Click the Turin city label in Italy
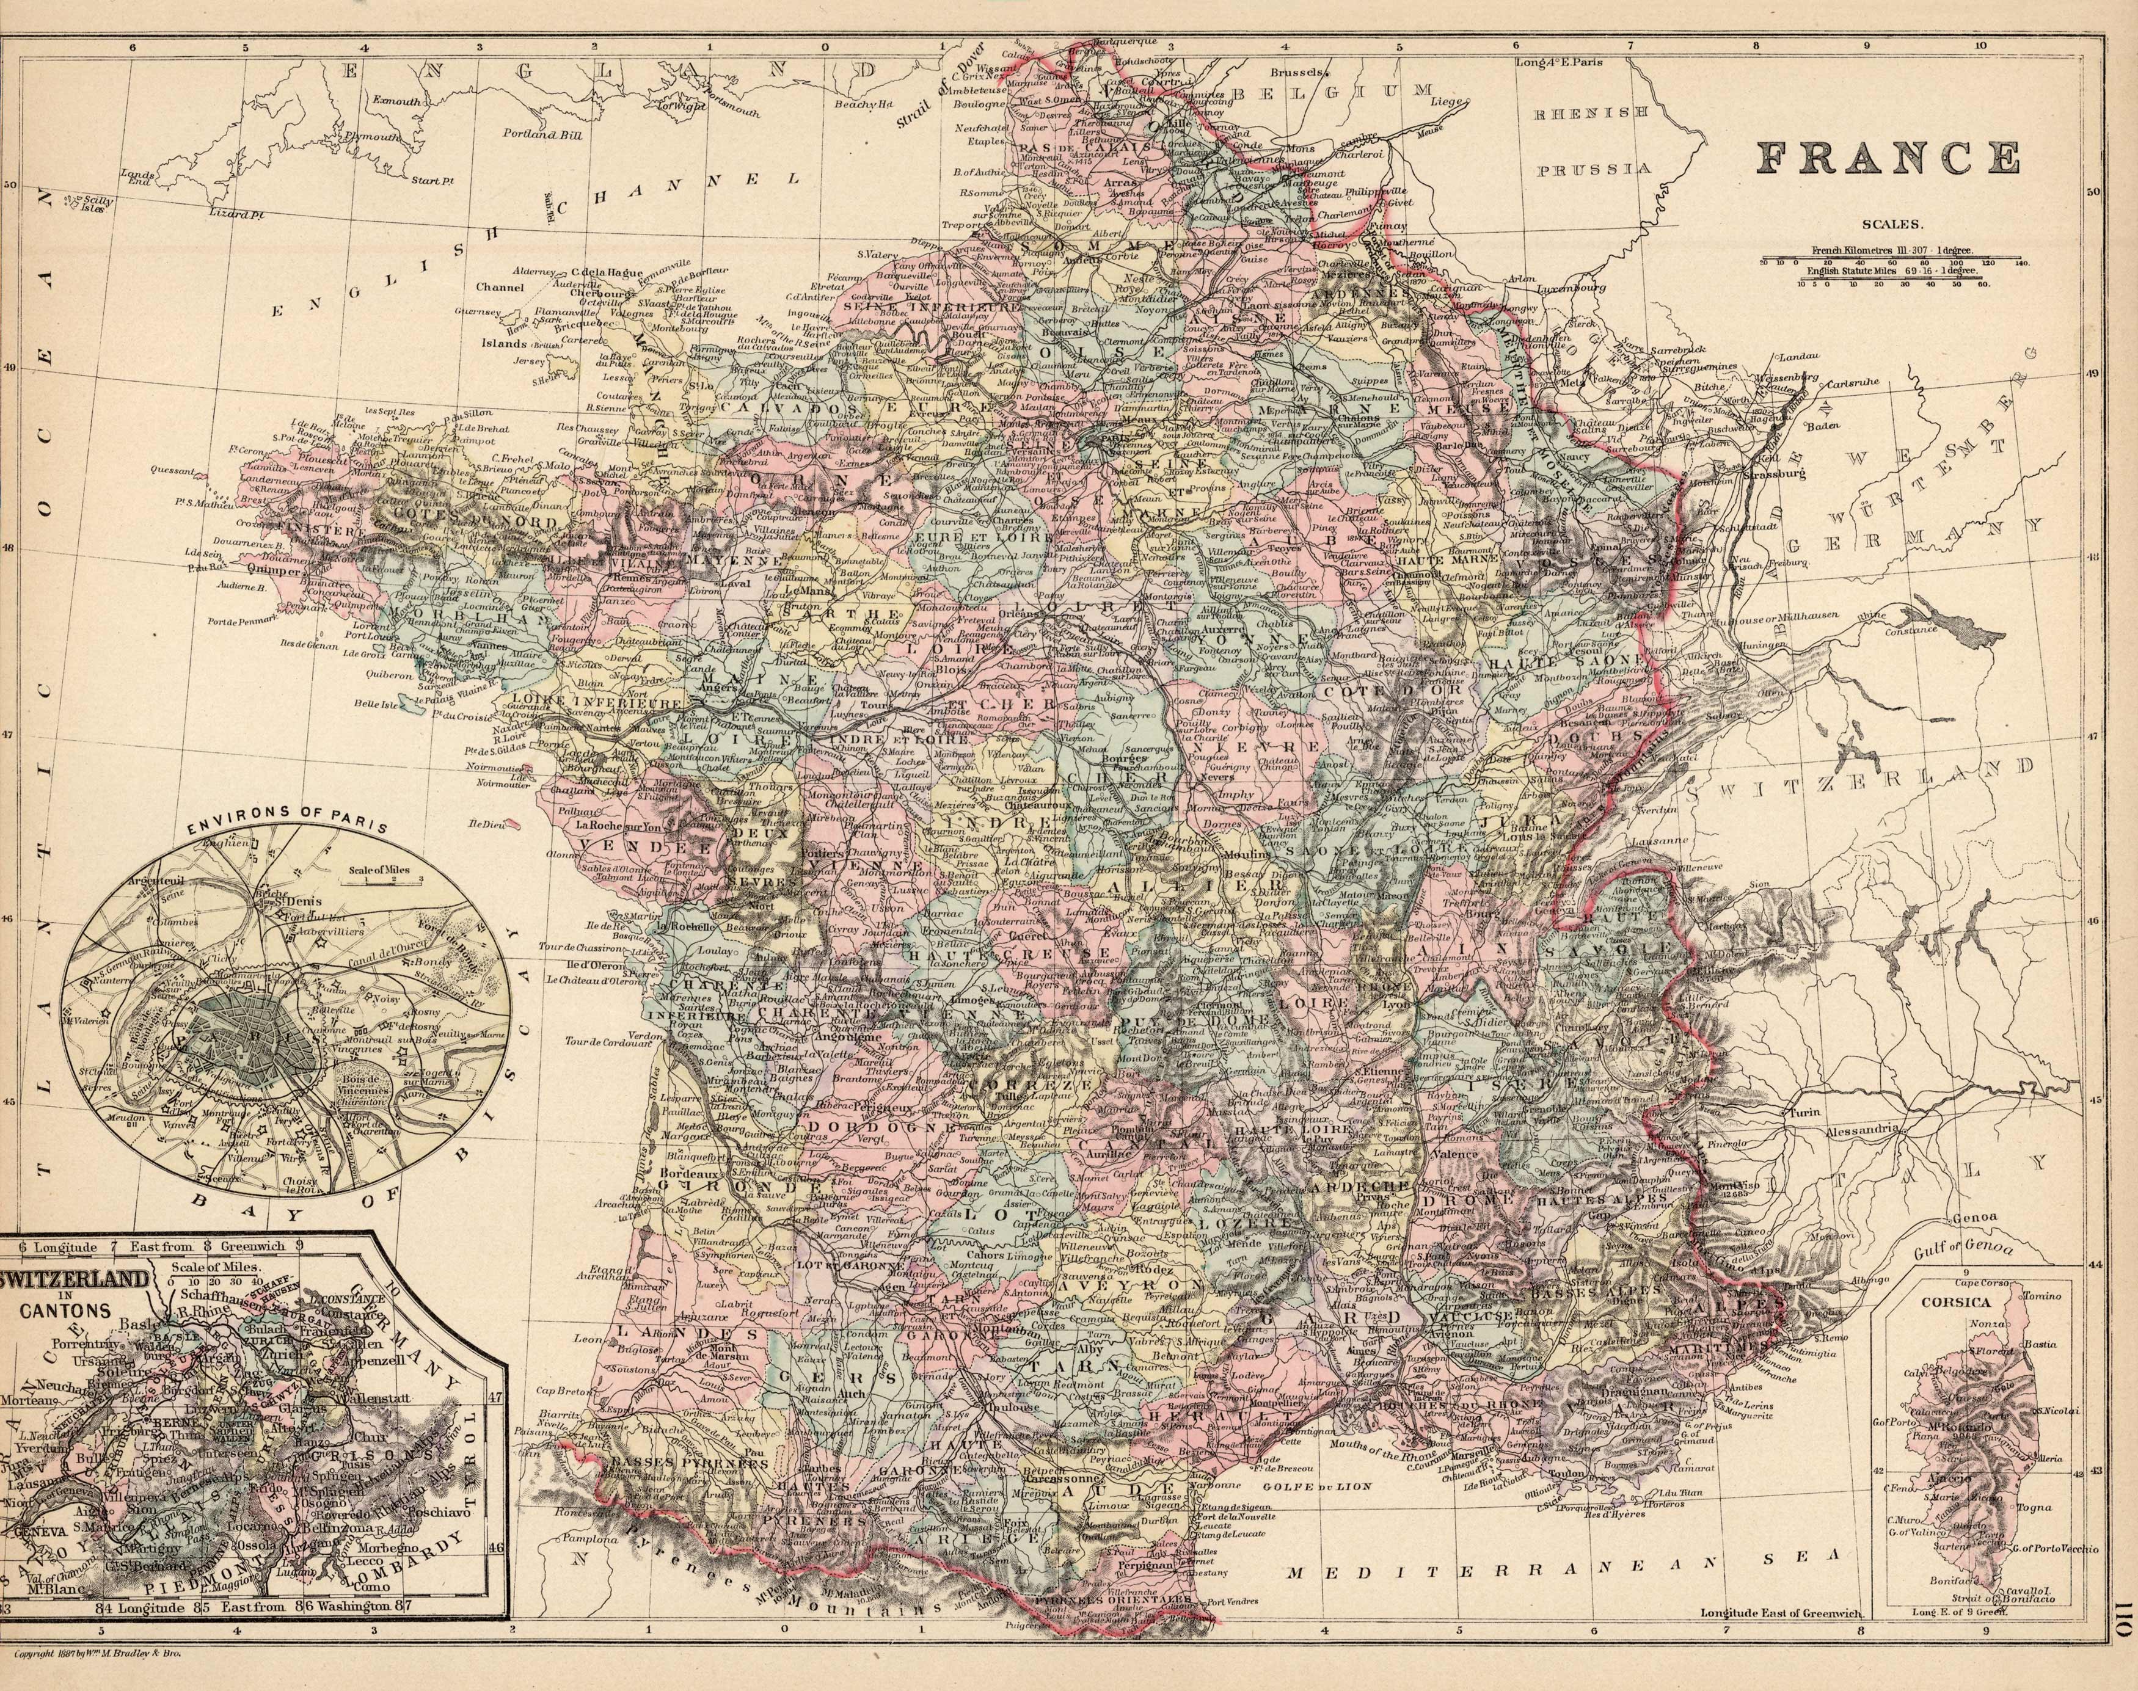(1804, 1113)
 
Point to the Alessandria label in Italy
(1862, 1130)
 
